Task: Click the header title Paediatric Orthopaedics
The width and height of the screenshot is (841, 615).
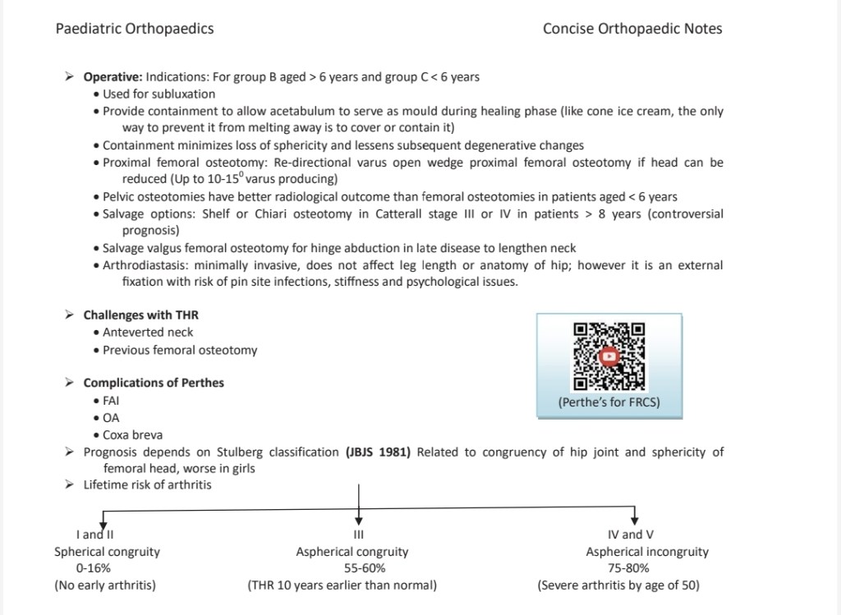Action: click(135, 29)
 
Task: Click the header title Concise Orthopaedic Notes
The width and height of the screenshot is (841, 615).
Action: click(632, 29)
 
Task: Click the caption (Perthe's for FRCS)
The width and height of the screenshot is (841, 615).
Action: click(609, 402)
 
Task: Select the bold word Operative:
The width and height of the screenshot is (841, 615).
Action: click(113, 77)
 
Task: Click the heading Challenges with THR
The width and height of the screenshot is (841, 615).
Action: click(141, 315)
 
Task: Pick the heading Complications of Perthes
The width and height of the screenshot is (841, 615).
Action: click(154, 383)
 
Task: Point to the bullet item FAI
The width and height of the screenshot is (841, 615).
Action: click(112, 401)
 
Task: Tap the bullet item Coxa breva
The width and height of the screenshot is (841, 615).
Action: click(132, 435)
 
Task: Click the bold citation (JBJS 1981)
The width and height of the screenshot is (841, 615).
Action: click(379, 452)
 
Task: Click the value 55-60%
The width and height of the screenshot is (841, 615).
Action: click(359, 568)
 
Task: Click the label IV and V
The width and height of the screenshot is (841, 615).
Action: click(632, 535)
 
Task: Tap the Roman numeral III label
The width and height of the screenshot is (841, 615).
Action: click(358, 535)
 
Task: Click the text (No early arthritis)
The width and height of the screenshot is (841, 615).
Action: click(105, 585)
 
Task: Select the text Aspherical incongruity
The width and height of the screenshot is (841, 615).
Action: click(647, 552)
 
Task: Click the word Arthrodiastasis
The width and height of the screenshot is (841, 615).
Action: click(141, 265)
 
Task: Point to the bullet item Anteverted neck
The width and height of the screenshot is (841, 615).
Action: click(149, 333)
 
